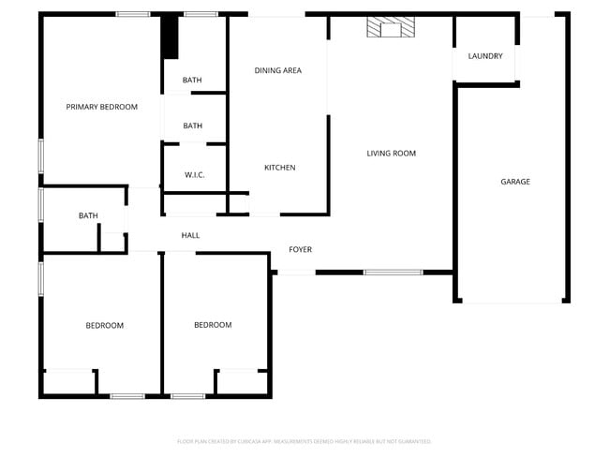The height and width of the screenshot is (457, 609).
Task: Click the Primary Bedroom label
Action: click(101, 107)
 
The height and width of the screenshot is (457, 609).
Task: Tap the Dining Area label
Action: click(278, 70)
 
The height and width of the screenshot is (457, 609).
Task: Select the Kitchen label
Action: click(279, 168)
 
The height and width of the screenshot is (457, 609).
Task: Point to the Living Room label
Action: click(391, 153)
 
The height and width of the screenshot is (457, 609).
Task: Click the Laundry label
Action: click(485, 56)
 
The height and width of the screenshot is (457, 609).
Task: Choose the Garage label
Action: click(514, 182)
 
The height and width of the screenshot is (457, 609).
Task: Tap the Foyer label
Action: click(300, 249)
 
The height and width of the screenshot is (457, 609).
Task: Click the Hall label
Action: click(190, 235)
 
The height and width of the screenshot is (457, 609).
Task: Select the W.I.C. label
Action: click(195, 174)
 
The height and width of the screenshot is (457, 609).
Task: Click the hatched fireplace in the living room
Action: click(390, 28)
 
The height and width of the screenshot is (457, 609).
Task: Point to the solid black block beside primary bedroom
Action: click(170, 37)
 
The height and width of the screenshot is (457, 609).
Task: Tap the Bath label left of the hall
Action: click(88, 215)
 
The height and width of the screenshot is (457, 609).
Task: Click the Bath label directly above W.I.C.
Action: click(192, 125)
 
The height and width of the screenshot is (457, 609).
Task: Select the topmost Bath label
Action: click(192, 80)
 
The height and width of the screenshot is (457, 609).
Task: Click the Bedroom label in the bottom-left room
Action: click(104, 325)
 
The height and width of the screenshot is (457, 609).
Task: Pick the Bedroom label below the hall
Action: click(213, 325)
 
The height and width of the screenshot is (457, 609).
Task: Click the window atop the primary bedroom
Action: click(133, 14)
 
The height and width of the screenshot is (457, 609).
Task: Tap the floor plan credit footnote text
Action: click(304, 441)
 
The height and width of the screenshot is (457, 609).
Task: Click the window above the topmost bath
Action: click(201, 14)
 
